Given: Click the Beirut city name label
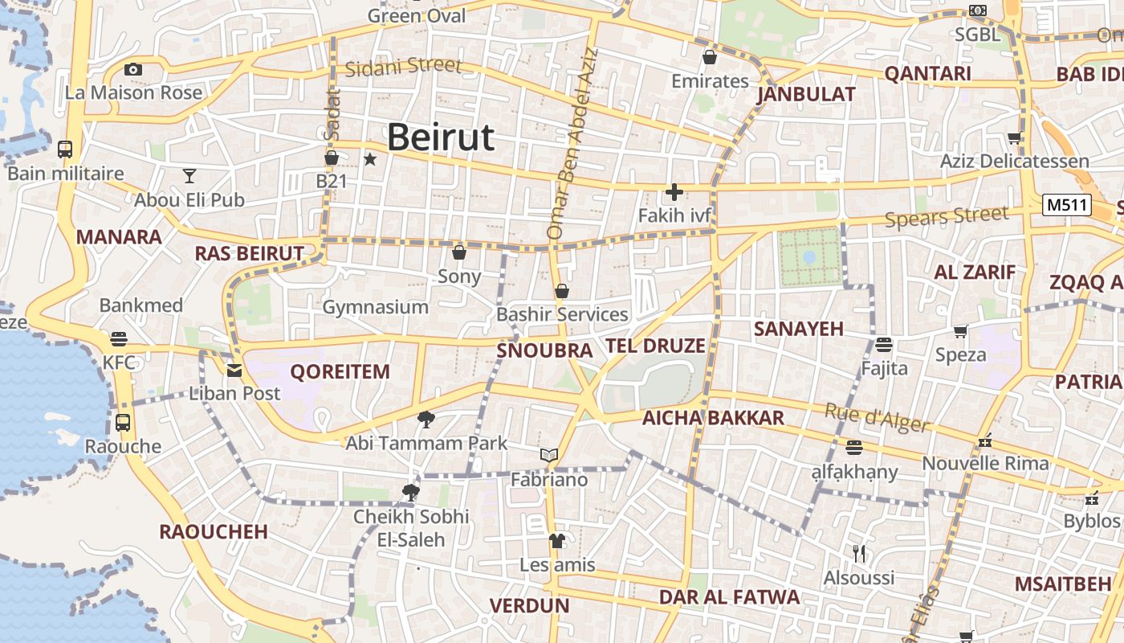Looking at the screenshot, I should pos(441,137).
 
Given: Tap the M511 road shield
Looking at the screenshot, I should pos(1067,205).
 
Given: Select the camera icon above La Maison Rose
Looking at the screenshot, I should pos(133,70).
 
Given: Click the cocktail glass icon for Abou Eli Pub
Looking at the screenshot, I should pos(189,175).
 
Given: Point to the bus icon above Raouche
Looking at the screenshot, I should pos(123,422).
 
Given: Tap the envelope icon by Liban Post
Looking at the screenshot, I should pos(234,371).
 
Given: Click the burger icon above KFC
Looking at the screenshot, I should pos(119,338).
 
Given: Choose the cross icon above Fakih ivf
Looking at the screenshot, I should pos(674,192).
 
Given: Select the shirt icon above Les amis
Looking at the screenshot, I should pos(557,540).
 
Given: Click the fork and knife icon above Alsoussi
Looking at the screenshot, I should pos(859,553).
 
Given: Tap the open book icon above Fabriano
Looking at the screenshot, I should pos(549,456).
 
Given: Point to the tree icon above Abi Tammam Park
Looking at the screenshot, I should pos(426,418).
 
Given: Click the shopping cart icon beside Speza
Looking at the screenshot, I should pos(960,331).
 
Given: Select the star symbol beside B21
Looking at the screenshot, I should pos(370,159).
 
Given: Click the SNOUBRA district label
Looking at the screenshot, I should pos(544,350).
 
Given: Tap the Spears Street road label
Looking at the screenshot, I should pos(947,216).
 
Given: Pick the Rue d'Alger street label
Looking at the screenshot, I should pos(877,417).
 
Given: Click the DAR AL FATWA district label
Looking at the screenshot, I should pos(729,596).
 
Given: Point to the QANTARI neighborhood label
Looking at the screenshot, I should pos(927,74).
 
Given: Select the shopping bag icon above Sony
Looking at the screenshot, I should pos(459,253).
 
